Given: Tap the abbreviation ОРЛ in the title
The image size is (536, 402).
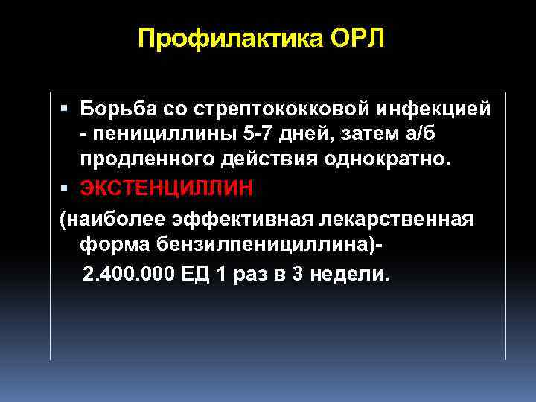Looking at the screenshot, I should (x=352, y=38).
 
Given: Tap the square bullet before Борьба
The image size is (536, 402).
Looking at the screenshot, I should (x=65, y=109).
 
